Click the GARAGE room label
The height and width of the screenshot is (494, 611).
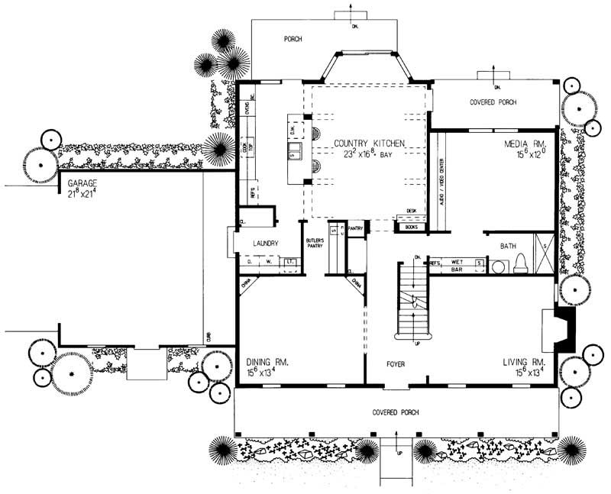(x=84, y=184)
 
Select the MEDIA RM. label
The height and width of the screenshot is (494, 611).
(x=523, y=143)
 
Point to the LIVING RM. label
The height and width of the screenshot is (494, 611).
(x=523, y=362)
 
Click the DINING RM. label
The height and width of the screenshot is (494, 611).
(x=267, y=362)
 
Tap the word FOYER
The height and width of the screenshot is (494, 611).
(x=395, y=364)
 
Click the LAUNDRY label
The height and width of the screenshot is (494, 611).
(x=260, y=244)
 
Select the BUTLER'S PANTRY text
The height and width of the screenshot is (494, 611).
(x=315, y=244)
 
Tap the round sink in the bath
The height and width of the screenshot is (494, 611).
(x=498, y=267)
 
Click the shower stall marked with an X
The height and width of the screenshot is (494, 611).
(x=545, y=253)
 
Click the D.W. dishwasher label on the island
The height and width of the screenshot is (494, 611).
(x=293, y=130)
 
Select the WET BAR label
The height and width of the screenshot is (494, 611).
(x=458, y=266)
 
